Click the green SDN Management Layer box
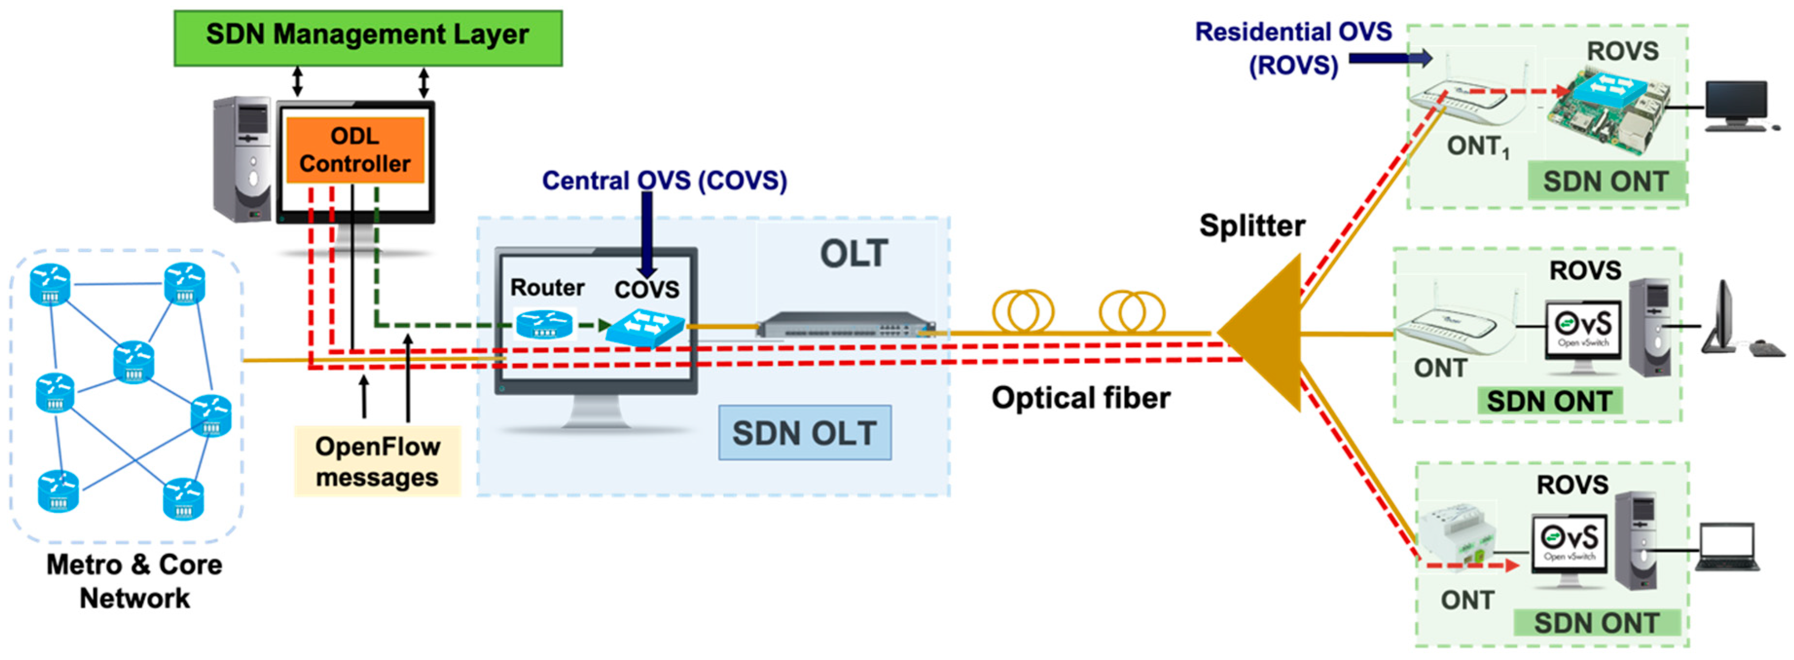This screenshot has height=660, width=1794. pyautogui.click(x=368, y=38)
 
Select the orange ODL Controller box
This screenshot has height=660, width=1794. pyautogui.click(x=355, y=150)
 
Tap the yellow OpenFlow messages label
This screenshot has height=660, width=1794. pyautogui.click(x=377, y=461)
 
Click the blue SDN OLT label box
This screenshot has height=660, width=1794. pyautogui.click(x=805, y=433)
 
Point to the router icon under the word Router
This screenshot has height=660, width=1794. pyautogui.click(x=545, y=324)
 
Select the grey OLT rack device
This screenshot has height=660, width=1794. pyautogui.click(x=845, y=325)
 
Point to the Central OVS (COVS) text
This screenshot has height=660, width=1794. pyautogui.click(x=664, y=181)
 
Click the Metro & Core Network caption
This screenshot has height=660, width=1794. pyautogui.click(x=134, y=581)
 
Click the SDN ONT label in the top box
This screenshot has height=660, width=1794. pyautogui.click(x=1605, y=182)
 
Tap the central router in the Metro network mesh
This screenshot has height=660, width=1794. pyautogui.click(x=134, y=360)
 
